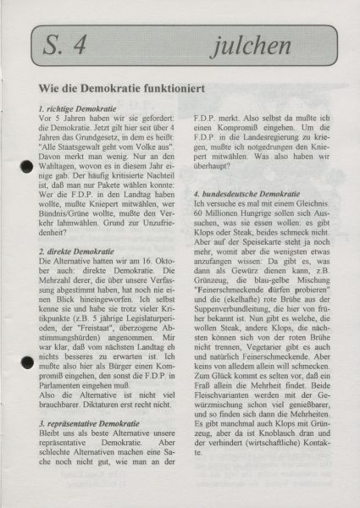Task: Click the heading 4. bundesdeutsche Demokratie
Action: [246, 194]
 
